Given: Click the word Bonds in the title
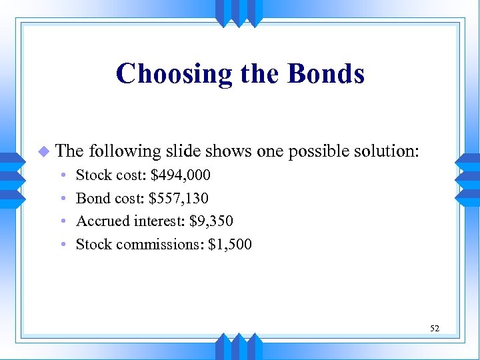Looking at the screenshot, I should (326, 73).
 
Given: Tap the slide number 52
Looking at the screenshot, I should (434, 328).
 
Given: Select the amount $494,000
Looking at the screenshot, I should (181, 175).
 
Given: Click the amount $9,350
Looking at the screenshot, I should (211, 221).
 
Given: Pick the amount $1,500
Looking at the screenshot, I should (230, 244).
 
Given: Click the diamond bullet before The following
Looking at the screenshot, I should (44, 151).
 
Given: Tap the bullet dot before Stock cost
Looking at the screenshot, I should (62, 176).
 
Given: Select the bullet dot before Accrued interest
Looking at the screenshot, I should (62, 221).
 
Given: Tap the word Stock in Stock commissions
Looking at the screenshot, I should (94, 244).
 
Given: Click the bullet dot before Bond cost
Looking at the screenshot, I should (62, 199).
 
